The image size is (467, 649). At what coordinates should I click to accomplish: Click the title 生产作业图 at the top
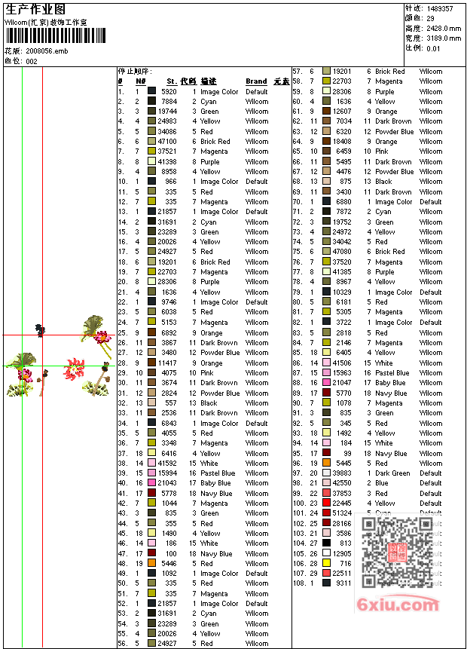[x=35, y=8]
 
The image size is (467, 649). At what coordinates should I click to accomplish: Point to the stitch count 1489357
[x=440, y=8]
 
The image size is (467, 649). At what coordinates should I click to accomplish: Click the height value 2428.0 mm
[x=444, y=28]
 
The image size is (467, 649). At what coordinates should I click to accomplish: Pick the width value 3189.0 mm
[x=444, y=38]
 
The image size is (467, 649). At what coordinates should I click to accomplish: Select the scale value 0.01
[x=433, y=48]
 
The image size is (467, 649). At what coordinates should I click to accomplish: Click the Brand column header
[x=256, y=81]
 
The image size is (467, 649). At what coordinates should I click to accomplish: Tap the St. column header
[x=172, y=81]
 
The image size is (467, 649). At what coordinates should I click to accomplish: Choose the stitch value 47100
[x=167, y=142]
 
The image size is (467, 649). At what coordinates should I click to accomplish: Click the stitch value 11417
[x=167, y=363]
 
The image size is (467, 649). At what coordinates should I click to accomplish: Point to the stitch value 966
[x=170, y=182]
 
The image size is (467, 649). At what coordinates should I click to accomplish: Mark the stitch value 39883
[x=342, y=473]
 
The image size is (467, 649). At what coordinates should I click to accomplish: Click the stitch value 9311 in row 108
[x=344, y=583]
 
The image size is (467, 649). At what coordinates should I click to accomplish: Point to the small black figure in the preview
[x=40, y=329]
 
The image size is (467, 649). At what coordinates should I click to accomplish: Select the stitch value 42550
[x=342, y=483]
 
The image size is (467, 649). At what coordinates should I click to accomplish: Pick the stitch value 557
[x=170, y=403]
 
